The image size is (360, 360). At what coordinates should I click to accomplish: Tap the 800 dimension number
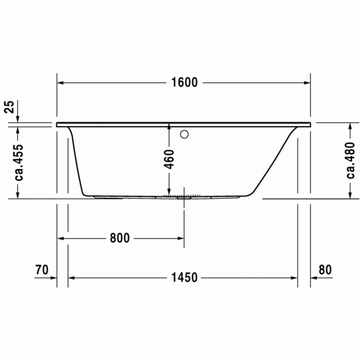pyautogui.click(x=119, y=238)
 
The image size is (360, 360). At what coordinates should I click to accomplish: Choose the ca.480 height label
pyautogui.click(x=351, y=159)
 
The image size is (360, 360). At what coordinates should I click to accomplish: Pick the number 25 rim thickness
pyautogui.click(x=9, y=107)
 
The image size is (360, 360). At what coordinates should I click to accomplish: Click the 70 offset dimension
pyautogui.click(x=42, y=269)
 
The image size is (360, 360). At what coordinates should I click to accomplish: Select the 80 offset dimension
pyautogui.click(x=325, y=269)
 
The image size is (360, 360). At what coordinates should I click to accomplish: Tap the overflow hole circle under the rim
pyautogui.click(x=184, y=135)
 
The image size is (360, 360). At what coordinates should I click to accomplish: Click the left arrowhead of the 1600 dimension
pyautogui.click(x=60, y=83)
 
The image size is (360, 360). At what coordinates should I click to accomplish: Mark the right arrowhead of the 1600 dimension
pyautogui.click(x=307, y=83)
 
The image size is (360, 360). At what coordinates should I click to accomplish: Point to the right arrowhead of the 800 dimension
pyautogui.click(x=180, y=238)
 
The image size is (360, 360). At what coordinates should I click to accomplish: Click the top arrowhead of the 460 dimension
pyautogui.click(x=169, y=127)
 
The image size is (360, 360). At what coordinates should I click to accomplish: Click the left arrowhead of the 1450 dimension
pyautogui.click(x=72, y=278)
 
